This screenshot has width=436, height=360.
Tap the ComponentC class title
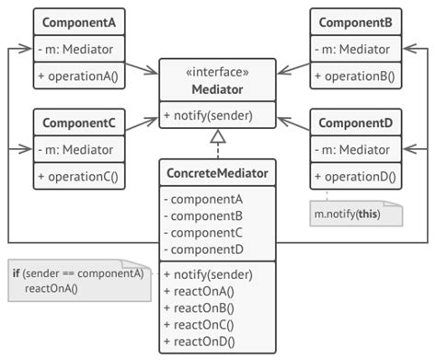tap(78, 121)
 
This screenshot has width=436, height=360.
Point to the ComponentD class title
tap(355, 121)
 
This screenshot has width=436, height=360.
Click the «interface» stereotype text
tap(217, 71)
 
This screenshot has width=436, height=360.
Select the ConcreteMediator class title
tap(217, 172)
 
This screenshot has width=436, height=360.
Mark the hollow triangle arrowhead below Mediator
tap(217, 138)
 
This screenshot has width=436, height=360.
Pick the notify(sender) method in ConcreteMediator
tap(208, 273)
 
